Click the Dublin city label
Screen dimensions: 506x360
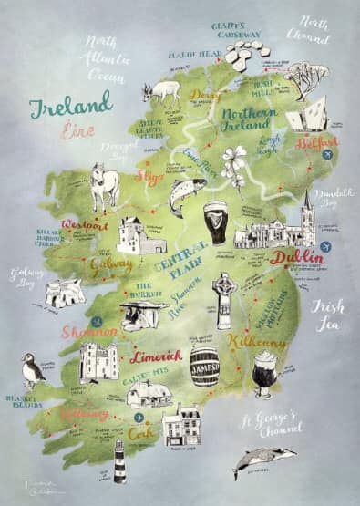[296, 258]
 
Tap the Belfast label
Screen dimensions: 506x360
[316, 143]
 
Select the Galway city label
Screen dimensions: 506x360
[112, 264]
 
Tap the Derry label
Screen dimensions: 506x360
[205, 94]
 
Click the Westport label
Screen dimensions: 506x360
[85, 225]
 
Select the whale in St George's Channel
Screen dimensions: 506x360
[263, 462]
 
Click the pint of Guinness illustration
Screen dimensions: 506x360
[216, 222]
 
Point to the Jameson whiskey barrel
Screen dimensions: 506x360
[204, 365]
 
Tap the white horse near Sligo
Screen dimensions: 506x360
[106, 186]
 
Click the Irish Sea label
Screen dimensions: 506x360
[328, 315]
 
